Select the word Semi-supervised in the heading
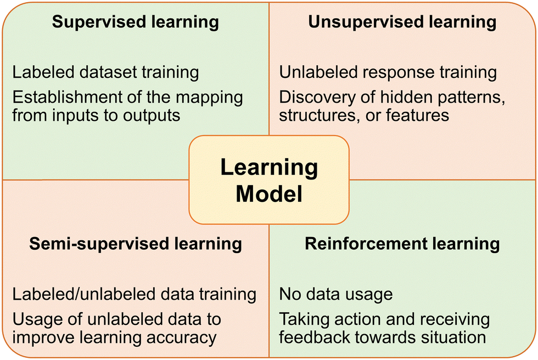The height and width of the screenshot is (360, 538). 99,244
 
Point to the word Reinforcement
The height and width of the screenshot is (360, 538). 366,244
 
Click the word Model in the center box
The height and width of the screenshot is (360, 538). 269,194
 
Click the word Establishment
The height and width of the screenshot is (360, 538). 67,97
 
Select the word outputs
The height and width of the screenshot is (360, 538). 152,116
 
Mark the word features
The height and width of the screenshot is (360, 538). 417,115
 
